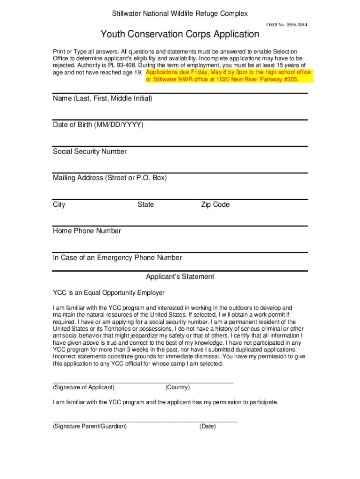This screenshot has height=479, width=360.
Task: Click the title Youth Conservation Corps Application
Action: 180,34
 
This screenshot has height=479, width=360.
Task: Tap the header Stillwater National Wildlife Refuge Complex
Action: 180,14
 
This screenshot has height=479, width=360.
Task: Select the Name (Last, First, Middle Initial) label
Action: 102,99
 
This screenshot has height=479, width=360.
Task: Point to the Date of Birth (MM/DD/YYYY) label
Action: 98,125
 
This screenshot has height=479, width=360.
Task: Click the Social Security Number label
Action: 90,152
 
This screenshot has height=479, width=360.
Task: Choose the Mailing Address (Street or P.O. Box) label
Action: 110,178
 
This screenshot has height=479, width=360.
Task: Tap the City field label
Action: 59,205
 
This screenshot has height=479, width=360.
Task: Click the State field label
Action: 145,205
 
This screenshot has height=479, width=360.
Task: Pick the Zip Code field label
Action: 215,205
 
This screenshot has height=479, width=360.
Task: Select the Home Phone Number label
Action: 87,231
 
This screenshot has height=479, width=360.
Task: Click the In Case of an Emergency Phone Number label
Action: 117,258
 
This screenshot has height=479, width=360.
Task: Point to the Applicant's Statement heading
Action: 180,277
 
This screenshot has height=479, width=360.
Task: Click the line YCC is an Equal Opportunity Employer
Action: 108,293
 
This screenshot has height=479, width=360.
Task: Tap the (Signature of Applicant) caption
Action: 84,387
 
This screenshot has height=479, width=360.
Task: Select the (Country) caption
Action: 177,387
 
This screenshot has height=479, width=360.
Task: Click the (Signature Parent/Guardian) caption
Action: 90,426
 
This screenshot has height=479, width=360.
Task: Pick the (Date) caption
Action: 208,426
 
